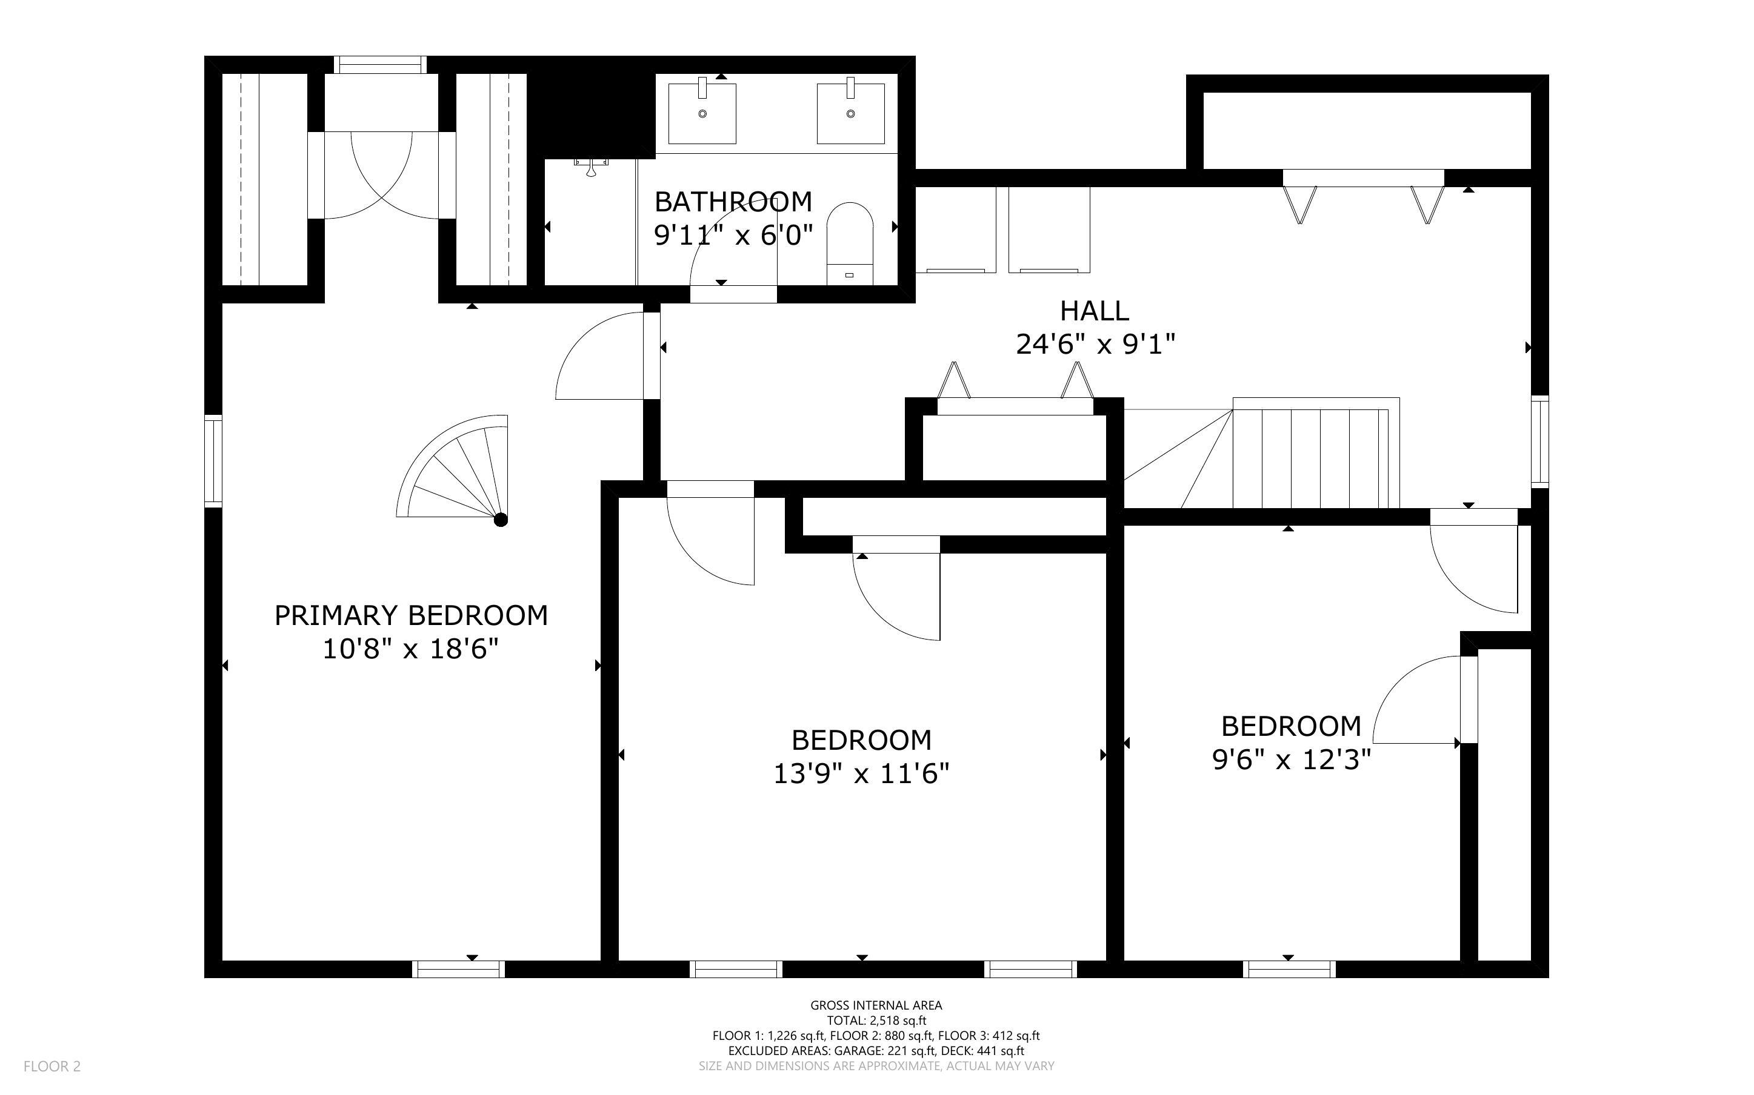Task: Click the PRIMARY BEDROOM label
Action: pyautogui.click(x=411, y=615)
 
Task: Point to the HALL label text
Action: pyautogui.click(x=1094, y=311)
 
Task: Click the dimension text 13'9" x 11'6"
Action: pyautogui.click(x=861, y=774)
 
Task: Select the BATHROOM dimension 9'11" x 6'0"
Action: pyautogui.click(x=733, y=234)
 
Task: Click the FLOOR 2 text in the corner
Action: pyautogui.click(x=52, y=1066)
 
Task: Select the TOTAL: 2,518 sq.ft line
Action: pyautogui.click(x=876, y=1021)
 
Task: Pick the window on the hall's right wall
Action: pyautogui.click(x=1539, y=441)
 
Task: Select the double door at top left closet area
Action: pyautogui.click(x=382, y=174)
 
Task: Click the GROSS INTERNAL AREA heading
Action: pyautogui.click(x=876, y=1005)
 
